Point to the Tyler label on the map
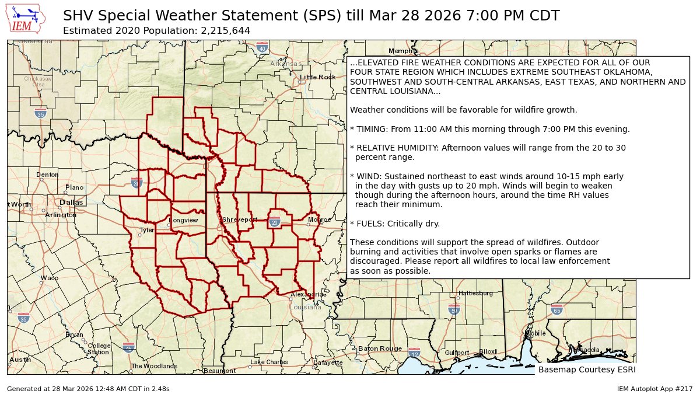click(x=146, y=230)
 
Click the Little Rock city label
click(x=318, y=77)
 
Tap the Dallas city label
click(x=71, y=203)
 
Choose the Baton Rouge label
click(x=380, y=348)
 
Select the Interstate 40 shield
click(x=262, y=46)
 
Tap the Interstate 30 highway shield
click(x=136, y=183)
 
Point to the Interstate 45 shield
click(x=128, y=347)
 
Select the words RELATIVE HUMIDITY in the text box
click(x=397, y=148)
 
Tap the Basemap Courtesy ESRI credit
click(x=586, y=369)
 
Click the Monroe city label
click(x=319, y=219)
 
